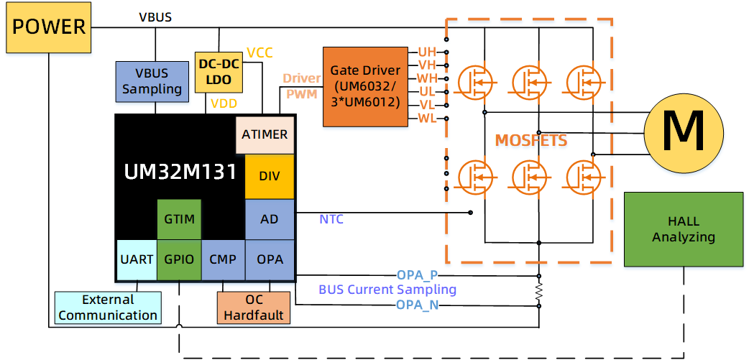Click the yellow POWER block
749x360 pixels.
tap(49, 28)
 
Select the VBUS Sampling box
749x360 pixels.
tap(152, 81)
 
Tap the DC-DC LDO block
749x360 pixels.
tap(219, 72)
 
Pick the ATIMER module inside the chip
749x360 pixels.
tap(265, 134)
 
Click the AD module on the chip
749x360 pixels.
tap(270, 219)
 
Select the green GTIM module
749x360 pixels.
tap(179, 219)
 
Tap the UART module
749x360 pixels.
tap(137, 259)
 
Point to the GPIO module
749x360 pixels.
tap(179, 259)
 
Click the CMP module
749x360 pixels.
tap(223, 259)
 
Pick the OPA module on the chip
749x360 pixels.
tap(270, 259)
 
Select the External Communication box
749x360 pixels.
tap(108, 308)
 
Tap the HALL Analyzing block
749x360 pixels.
tap(683, 229)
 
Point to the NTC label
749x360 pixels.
tap(331, 219)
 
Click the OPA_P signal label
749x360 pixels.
tap(418, 274)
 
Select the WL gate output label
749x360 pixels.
tap(427, 119)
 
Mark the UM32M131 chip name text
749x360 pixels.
tap(180, 172)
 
